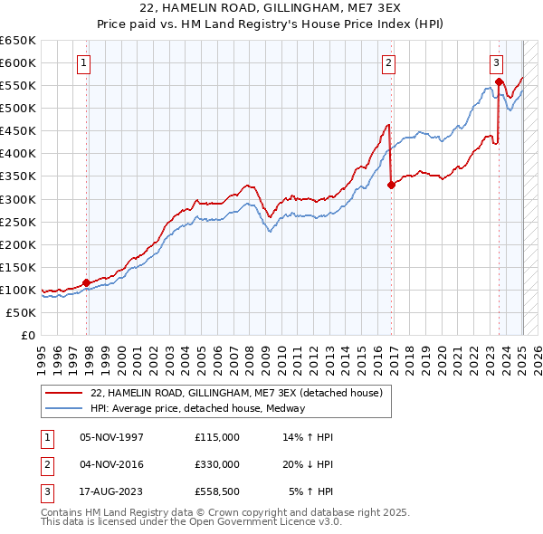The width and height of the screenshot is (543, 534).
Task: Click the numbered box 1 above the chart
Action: tap(83, 63)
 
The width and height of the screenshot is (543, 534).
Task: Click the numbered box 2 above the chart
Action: tap(388, 63)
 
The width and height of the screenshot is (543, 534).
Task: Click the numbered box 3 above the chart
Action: tap(497, 63)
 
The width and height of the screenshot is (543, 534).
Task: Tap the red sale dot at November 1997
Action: tap(87, 282)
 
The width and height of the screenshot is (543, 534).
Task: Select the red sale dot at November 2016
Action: tap(391, 185)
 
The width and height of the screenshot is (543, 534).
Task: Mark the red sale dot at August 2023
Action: tap(500, 81)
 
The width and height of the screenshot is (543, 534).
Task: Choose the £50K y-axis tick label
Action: tap(22, 312)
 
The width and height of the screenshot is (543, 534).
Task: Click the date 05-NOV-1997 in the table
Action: tap(112, 437)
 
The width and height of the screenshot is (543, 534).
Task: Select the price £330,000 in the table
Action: tap(217, 464)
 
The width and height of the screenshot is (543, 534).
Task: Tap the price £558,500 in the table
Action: tap(217, 491)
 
